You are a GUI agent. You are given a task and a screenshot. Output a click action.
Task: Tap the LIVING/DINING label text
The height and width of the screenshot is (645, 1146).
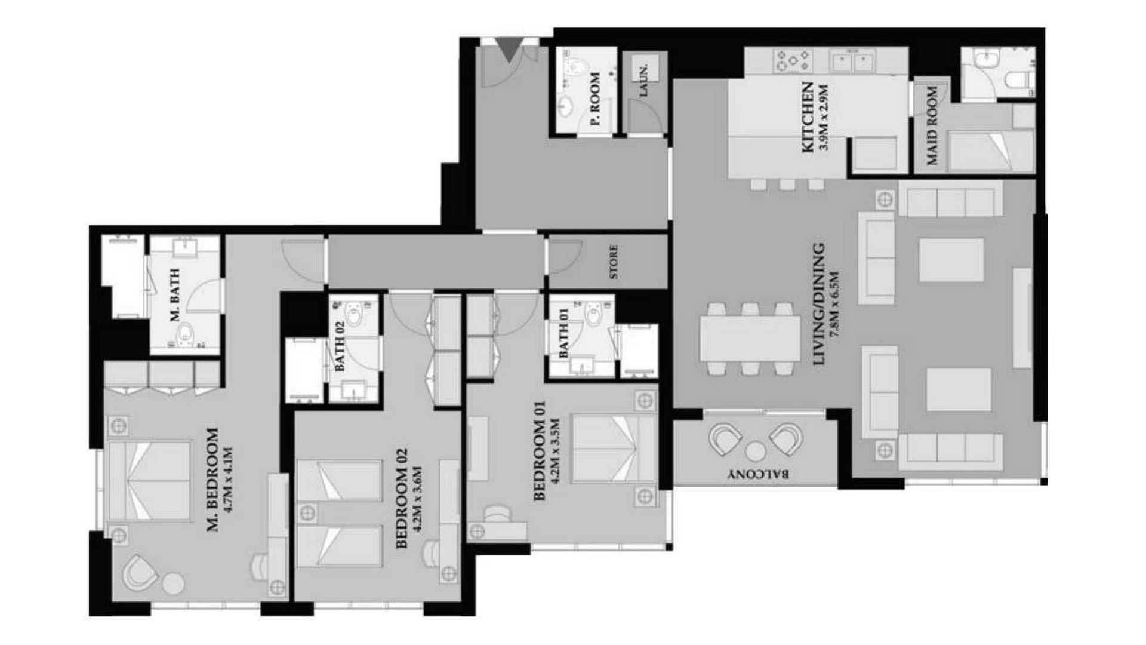pyautogui.click(x=819, y=303)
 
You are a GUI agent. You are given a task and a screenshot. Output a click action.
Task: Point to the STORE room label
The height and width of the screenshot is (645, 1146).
pyautogui.click(x=614, y=262)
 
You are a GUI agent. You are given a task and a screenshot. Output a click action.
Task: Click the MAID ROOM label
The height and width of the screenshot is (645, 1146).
pyautogui.click(x=932, y=125)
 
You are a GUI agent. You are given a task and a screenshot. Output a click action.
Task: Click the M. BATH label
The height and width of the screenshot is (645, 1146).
pyautogui.click(x=175, y=295)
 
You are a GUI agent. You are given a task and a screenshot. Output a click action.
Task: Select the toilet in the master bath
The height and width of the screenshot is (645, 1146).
pyautogui.click(x=186, y=334)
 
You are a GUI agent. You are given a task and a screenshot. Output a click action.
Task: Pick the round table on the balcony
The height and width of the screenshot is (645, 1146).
pyautogui.click(x=756, y=451)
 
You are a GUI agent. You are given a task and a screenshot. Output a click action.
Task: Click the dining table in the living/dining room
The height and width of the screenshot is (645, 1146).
pyautogui.click(x=750, y=339)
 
